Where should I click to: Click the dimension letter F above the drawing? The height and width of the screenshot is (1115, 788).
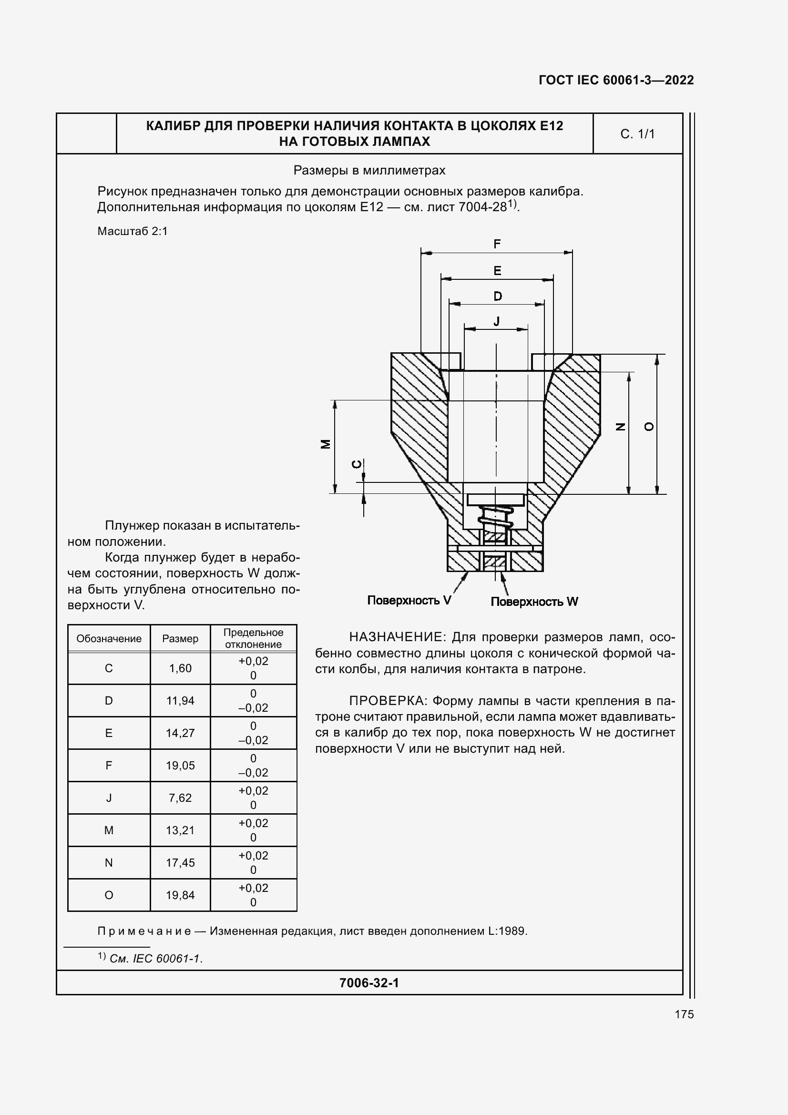(x=497, y=244)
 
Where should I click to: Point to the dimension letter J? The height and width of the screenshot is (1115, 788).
(x=496, y=321)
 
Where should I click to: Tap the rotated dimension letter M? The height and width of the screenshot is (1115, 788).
(x=326, y=444)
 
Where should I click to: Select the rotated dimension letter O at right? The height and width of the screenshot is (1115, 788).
(x=649, y=426)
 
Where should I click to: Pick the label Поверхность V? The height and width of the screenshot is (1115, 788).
(x=409, y=600)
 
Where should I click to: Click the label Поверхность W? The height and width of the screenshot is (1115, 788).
(x=534, y=602)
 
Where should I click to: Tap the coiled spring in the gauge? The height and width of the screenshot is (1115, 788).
(x=496, y=518)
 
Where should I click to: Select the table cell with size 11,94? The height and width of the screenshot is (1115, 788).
(x=180, y=700)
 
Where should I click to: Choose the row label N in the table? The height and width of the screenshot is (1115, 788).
(x=109, y=862)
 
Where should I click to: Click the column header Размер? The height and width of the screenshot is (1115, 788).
(x=180, y=639)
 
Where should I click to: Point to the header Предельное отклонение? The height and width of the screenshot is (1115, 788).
(x=253, y=638)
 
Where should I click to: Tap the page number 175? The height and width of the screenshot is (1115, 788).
(x=684, y=1014)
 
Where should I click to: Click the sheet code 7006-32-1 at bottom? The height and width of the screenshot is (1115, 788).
(x=369, y=983)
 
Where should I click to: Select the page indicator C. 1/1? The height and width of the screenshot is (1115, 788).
(x=637, y=134)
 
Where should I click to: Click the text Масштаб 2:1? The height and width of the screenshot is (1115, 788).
(x=132, y=231)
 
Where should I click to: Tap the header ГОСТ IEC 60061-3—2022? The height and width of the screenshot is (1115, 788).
(x=615, y=80)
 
